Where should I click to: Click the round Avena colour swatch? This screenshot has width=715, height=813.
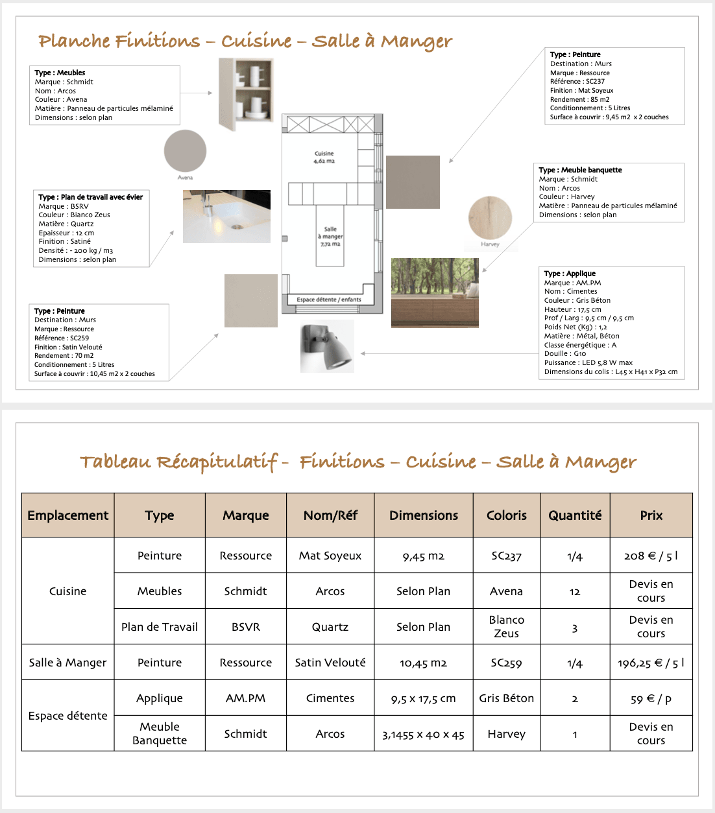[185, 151]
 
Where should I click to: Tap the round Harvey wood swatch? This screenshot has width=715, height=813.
[490, 218]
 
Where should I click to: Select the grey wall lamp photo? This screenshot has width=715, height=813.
[327, 346]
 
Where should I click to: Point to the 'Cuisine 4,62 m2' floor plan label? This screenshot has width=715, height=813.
[324, 158]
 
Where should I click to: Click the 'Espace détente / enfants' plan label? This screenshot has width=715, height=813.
[329, 300]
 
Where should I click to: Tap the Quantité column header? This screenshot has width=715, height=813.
[575, 515]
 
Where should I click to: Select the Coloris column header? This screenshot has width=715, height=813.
[507, 515]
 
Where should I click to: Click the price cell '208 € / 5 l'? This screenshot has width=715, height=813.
[651, 556]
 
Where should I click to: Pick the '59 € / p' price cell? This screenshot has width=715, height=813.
[651, 699]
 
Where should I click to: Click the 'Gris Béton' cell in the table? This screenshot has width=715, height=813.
[507, 698]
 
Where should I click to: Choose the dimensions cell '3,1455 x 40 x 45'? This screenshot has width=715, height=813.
[423, 735]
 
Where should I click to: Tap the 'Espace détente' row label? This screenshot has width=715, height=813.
[68, 716]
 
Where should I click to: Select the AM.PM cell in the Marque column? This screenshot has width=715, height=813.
[245, 698]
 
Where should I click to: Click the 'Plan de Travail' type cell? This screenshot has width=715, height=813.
[160, 627]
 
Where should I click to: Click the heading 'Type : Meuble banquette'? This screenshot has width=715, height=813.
[580, 170]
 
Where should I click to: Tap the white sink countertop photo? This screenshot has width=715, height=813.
[226, 217]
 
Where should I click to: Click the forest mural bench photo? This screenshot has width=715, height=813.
[435, 292]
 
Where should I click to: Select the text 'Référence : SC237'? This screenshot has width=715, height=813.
[577, 82]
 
